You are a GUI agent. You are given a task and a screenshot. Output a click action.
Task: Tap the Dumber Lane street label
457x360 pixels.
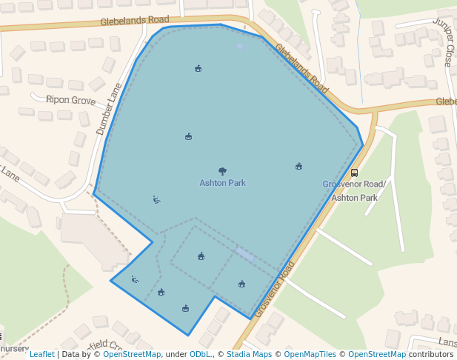pyautogui.click(x=108, y=108)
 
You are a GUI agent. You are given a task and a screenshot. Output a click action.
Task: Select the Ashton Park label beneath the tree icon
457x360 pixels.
pyautogui.click(x=222, y=183)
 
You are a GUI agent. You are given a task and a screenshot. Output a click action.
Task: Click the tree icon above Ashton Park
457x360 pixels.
pyautogui.click(x=222, y=171)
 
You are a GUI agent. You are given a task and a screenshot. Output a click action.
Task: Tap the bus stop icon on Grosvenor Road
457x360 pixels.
pyautogui.click(x=354, y=173)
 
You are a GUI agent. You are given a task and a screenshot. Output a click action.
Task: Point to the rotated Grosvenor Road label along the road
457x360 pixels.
pyautogui.click(x=275, y=290)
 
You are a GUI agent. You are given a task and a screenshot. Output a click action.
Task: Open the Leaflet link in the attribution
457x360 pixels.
pyautogui.click(x=41, y=354)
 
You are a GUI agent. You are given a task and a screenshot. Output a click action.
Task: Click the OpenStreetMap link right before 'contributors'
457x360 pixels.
pyautogui.click(x=377, y=354)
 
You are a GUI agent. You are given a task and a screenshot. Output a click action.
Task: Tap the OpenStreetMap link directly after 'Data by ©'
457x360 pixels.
pyautogui.click(x=132, y=354)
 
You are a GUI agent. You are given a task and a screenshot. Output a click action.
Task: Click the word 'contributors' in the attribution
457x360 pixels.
pyautogui.click(x=431, y=354)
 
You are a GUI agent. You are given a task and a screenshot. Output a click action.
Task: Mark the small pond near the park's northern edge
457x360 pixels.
pyautogui.click(x=239, y=46)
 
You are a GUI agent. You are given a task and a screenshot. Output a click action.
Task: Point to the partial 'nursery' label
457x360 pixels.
pyautogui.click(x=13, y=348)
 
